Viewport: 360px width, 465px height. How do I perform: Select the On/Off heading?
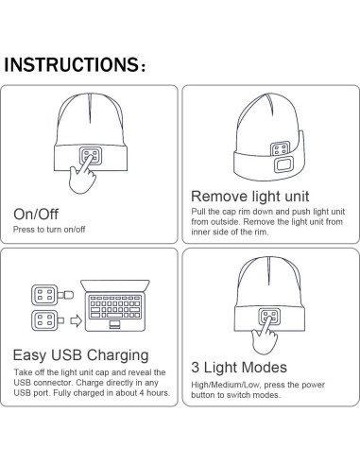click(36, 215)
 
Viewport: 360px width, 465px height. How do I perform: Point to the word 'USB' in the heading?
click(69, 355)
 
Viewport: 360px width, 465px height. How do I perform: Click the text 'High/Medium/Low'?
click(224, 386)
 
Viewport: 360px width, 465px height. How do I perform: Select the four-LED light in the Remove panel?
click(282, 149)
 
